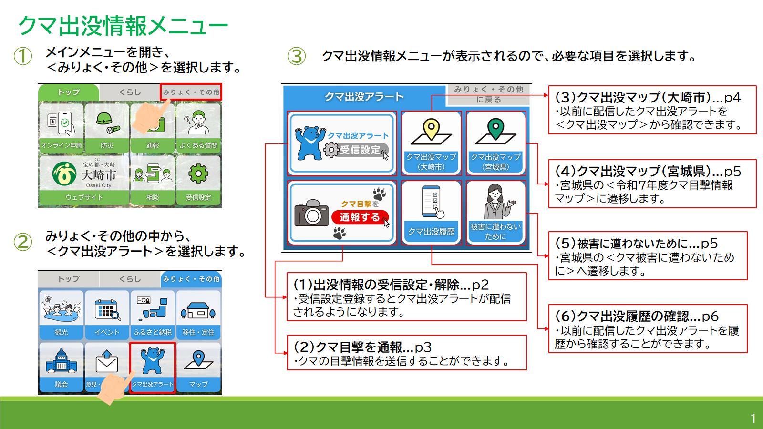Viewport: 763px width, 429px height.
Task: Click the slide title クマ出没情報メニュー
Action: point(123,26)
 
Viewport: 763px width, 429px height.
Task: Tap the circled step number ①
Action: point(22,56)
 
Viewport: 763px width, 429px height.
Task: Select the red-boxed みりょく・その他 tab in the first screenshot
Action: point(191,92)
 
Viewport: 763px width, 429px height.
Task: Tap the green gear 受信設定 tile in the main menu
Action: point(198,180)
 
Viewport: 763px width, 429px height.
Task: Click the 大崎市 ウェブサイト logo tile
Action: point(84,180)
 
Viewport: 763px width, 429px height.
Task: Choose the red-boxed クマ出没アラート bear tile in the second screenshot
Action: point(153,367)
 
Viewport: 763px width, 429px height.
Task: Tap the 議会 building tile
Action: point(61,367)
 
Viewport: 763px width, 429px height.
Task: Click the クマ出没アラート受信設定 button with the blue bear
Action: point(342,143)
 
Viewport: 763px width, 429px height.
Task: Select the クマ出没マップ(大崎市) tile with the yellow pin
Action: point(431,143)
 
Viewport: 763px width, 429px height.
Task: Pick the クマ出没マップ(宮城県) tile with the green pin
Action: point(495,143)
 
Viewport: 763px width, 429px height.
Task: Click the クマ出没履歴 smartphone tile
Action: point(431,212)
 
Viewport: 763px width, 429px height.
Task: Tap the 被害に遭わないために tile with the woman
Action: point(495,212)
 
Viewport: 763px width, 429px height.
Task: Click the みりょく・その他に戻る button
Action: point(488,94)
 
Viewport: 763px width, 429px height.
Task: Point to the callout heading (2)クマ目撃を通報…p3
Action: point(362,347)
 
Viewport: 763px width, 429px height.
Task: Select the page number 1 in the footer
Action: point(753,419)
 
